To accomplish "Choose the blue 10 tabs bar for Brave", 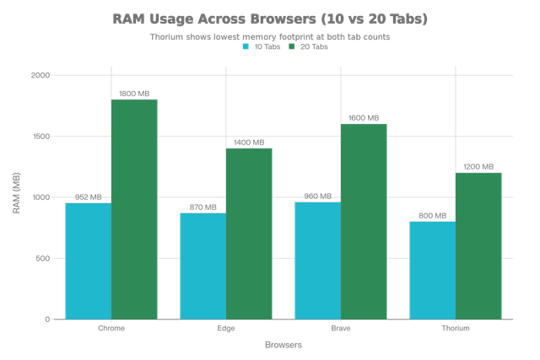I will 316,260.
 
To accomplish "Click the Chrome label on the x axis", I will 111,329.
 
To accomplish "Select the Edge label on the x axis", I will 226,329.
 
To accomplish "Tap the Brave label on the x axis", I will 340,329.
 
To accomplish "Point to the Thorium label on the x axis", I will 455,329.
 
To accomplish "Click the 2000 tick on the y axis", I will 42,75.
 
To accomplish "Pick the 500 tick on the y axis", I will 45,258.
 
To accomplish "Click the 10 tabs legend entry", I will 262,47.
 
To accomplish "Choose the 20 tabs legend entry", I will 309,47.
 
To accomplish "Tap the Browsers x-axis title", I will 283,344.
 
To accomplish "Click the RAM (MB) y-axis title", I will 16,197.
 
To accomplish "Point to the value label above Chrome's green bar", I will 135,93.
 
